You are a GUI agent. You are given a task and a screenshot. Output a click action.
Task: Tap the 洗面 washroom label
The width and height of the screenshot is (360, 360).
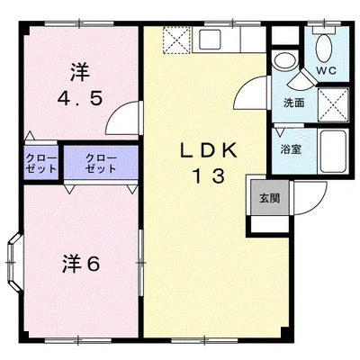pyautogui.click(x=292, y=103)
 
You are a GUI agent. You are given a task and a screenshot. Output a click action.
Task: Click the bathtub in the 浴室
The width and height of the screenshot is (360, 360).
pyautogui.click(x=333, y=151)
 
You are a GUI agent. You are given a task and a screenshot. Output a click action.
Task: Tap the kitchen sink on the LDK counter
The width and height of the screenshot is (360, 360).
pyautogui.click(x=213, y=40)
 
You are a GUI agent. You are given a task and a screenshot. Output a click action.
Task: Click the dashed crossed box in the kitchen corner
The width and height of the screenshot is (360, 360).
pyautogui.click(x=175, y=40)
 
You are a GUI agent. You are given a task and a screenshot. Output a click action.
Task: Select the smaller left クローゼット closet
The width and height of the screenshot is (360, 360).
pyautogui.click(x=40, y=164)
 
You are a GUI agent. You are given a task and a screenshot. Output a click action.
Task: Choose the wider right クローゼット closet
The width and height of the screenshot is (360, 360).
pyautogui.click(x=100, y=163)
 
